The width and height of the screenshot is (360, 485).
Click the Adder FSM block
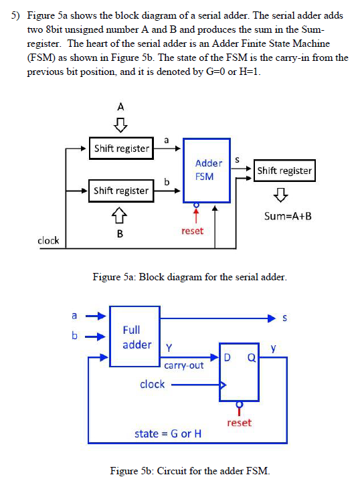point(208,170)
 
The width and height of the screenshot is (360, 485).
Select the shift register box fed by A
point(121,149)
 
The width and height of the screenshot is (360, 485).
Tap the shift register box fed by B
point(121,191)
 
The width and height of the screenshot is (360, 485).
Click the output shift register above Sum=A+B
point(284,171)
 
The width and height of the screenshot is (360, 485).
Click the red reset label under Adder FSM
point(192,230)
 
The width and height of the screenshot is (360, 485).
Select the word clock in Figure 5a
point(48,240)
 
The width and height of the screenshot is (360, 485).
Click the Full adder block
point(135,336)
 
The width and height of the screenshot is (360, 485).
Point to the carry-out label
point(183,365)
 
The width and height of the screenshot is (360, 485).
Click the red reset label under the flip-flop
point(240,423)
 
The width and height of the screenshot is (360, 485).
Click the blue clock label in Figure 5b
point(152,384)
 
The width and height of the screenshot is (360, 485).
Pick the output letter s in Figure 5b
point(285,317)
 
